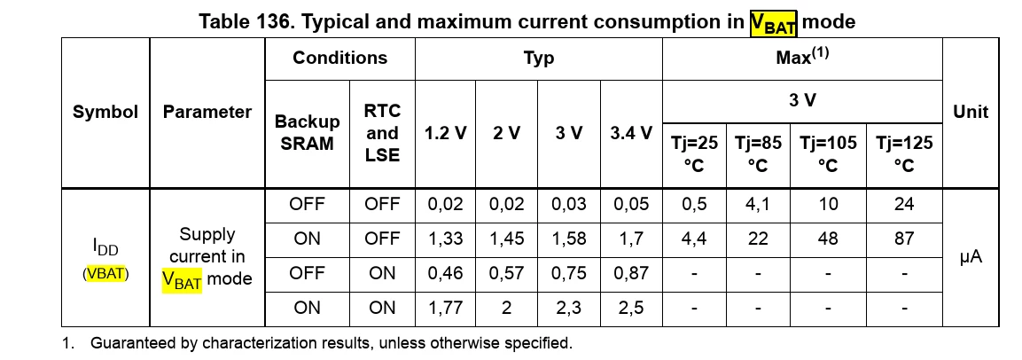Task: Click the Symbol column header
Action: pyautogui.click(x=105, y=113)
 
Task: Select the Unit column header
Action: pyautogui.click(x=971, y=113)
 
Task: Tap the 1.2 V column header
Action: pyautogui.click(x=446, y=134)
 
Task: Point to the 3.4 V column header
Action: pyautogui.click(x=631, y=134)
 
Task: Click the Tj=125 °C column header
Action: pyautogui.click(x=904, y=154)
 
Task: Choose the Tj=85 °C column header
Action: pyautogui.click(x=758, y=154)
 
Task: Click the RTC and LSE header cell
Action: pyautogui.click(x=382, y=133)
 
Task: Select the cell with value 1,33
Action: pyautogui.click(x=446, y=239)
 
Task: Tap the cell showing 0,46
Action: pyautogui.click(x=446, y=273)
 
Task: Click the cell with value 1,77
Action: pyautogui.click(x=446, y=308)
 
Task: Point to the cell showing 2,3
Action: pyautogui.click(x=568, y=308)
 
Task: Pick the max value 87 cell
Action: pyautogui.click(x=904, y=239)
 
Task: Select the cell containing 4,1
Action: pyautogui.click(x=758, y=204)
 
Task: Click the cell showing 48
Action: pyautogui.click(x=828, y=239)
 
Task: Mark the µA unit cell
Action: pyautogui.click(x=971, y=258)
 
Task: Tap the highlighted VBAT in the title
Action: pyautogui.click(x=774, y=23)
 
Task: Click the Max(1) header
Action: pyautogui.click(x=802, y=57)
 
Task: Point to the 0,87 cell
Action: pyautogui.click(x=631, y=273)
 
